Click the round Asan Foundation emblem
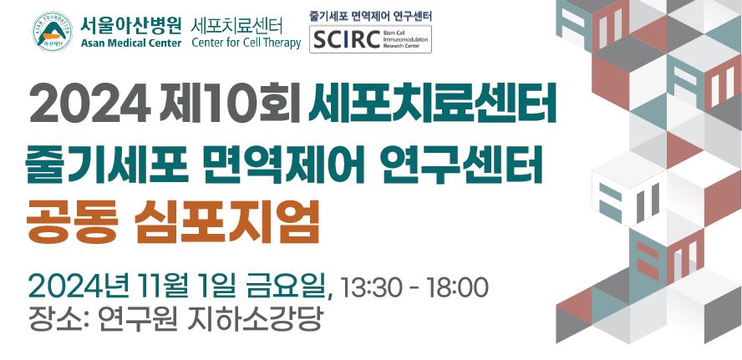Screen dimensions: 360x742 point(52,33)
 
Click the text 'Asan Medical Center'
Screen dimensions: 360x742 point(130,43)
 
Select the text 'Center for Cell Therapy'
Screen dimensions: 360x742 point(246,43)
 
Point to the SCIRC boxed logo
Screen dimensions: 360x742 point(370,39)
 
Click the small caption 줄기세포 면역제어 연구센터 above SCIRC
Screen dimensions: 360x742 point(370,16)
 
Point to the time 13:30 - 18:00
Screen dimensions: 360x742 point(414,286)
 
